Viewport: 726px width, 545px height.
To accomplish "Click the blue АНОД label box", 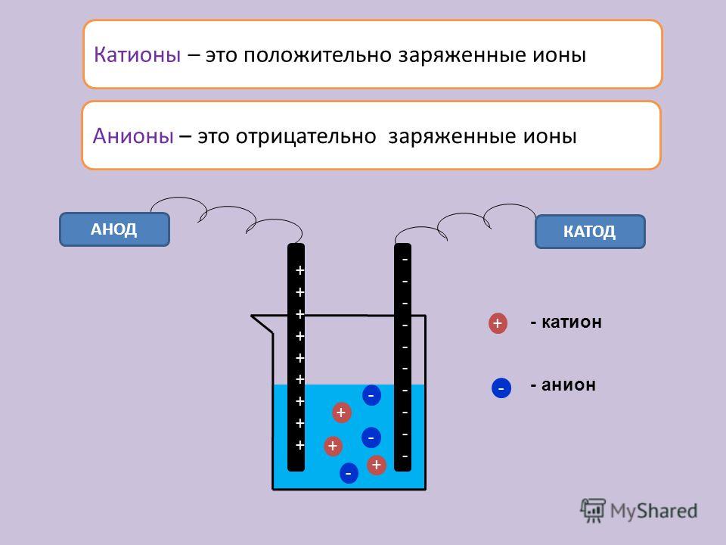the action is [x=114, y=229].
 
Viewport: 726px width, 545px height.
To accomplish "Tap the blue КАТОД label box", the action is [x=590, y=232].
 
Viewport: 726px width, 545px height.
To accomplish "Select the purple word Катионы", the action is [x=137, y=54].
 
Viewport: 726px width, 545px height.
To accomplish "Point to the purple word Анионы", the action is [x=133, y=136].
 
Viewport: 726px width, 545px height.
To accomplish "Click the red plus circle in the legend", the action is [x=498, y=323].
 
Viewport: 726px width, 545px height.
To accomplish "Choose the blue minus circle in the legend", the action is [x=501, y=388].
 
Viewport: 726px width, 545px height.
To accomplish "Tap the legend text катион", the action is [x=572, y=322].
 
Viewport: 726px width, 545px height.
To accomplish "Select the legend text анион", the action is [x=569, y=385].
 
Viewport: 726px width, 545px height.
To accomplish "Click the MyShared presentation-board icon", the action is [x=593, y=510].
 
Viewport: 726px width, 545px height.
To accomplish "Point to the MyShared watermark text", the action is [x=653, y=511].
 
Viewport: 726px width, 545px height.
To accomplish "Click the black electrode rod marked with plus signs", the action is [x=296, y=357].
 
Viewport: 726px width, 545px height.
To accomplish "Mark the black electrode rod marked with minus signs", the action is [x=402, y=357].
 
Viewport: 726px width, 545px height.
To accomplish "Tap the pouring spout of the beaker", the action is [x=262, y=324].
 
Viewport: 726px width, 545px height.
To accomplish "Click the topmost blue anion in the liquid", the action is [x=371, y=395].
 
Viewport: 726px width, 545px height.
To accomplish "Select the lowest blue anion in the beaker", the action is [x=349, y=473].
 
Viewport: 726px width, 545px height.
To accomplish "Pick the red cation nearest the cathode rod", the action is [x=377, y=465].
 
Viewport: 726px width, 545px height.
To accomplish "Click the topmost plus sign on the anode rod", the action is [x=299, y=270].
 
